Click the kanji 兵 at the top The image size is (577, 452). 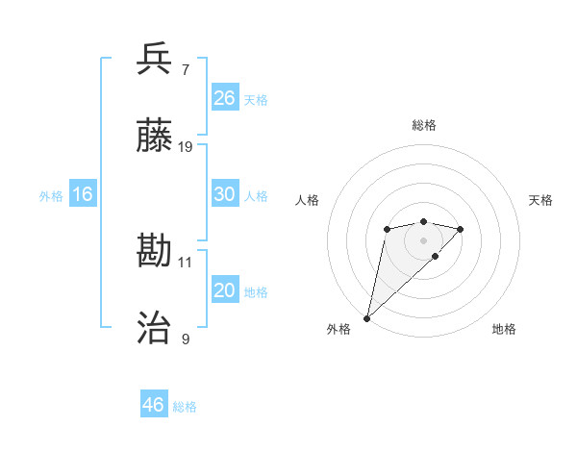155,60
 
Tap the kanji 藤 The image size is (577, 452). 155,137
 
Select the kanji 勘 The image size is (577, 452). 155,252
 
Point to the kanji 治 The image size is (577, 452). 155,329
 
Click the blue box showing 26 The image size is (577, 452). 225,98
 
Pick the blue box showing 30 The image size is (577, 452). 225,194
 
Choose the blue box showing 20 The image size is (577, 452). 225,290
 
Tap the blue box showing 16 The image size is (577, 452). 83,194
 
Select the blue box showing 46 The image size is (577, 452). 154,405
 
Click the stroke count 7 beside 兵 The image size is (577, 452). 185,70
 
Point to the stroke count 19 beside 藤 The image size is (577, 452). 186,147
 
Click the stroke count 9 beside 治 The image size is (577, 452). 185,339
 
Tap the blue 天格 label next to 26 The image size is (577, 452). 256,100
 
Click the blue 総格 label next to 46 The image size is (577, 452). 185,407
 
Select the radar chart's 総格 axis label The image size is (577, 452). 423,125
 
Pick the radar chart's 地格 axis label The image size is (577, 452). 504,330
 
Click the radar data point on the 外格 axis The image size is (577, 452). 366,317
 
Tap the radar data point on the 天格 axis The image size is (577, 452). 461,229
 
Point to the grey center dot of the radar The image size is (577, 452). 423,240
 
